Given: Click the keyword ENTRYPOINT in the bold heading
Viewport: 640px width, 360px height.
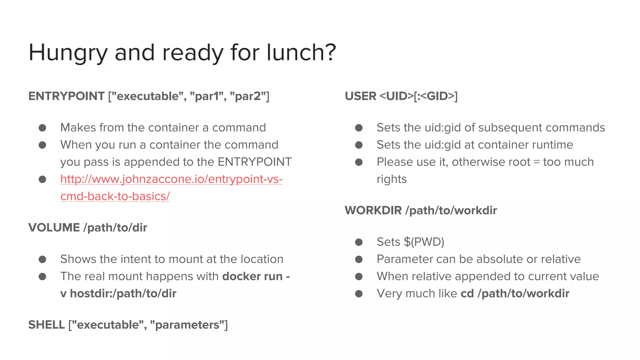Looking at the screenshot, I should click(66, 96).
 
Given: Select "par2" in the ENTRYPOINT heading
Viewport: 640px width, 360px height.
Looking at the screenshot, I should click(248, 96).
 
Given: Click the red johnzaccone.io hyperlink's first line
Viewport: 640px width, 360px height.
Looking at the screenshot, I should click(171, 179).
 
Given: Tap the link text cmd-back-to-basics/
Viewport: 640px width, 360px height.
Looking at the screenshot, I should click(115, 196).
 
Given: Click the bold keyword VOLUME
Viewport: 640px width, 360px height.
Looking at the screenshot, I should click(54, 227).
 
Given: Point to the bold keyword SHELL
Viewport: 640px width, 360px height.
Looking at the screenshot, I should click(47, 325).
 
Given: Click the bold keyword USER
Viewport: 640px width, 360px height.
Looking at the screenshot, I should click(360, 96).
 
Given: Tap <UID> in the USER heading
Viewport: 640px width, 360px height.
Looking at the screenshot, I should click(396, 96).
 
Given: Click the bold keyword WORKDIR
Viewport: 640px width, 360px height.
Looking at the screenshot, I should click(373, 210).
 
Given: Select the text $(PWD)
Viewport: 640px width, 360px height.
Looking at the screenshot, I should click(424, 242).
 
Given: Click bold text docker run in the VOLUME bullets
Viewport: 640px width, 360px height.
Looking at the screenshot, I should click(252, 276).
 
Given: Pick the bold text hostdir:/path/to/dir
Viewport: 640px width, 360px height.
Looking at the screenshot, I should click(123, 293).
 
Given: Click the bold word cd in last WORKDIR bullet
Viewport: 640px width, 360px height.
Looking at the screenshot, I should click(467, 293).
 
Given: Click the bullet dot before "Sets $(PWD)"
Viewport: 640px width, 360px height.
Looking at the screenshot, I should click(359, 242).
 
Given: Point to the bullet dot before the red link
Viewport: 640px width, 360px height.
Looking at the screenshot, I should click(42, 179).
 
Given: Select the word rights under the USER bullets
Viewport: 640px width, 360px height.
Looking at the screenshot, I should click(392, 179).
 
